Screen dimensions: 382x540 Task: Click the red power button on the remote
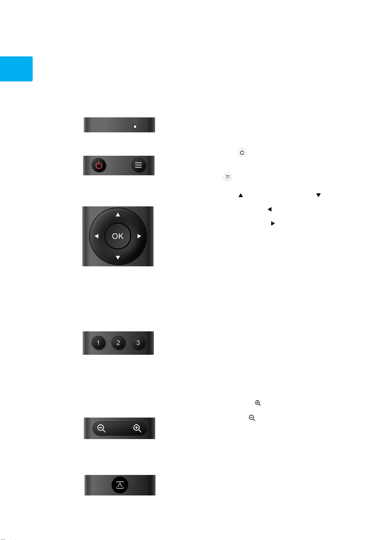(99, 165)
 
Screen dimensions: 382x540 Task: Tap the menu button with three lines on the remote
(138, 165)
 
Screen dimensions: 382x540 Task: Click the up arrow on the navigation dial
(118, 214)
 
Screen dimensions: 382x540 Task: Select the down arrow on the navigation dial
(118, 257)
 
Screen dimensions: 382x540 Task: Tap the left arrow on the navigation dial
(96, 236)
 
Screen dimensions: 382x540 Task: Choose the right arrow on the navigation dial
(139, 236)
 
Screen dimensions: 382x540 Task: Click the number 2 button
(118, 343)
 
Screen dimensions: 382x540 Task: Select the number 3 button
(138, 343)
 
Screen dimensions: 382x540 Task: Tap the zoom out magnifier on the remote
(101, 428)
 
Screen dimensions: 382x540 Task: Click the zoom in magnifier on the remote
(137, 428)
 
